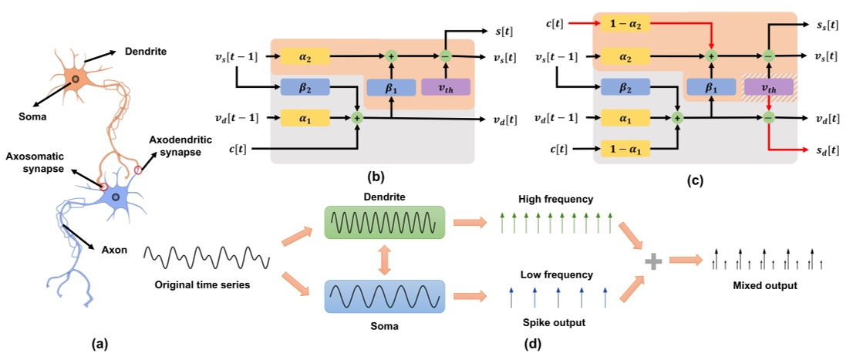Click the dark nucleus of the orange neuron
75,79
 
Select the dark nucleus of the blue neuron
116,198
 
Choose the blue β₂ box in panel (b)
306,87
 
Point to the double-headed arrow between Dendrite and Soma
383,261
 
